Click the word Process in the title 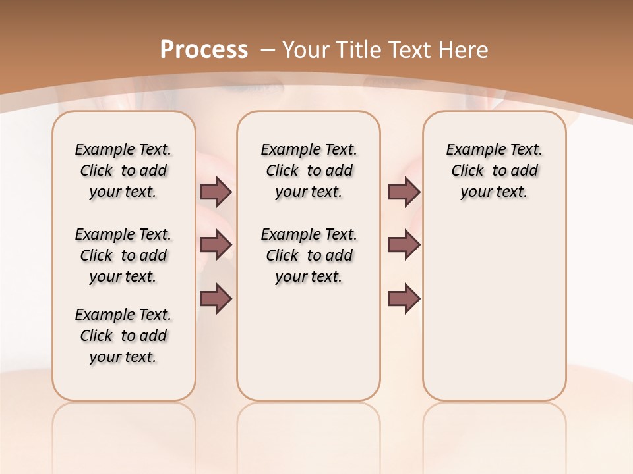click(x=204, y=49)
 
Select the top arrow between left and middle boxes click(x=216, y=192)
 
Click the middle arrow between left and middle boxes click(x=216, y=245)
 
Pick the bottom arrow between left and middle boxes click(x=216, y=299)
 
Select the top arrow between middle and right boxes click(x=404, y=192)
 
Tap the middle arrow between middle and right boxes click(x=404, y=245)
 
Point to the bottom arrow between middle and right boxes click(x=404, y=299)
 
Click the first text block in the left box click(x=123, y=171)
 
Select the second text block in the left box click(x=123, y=255)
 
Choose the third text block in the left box click(x=123, y=336)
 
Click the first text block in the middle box click(x=309, y=171)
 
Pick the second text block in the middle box click(x=309, y=255)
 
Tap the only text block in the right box click(x=495, y=171)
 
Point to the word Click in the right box click(x=467, y=171)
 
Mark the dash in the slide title click(x=268, y=49)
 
